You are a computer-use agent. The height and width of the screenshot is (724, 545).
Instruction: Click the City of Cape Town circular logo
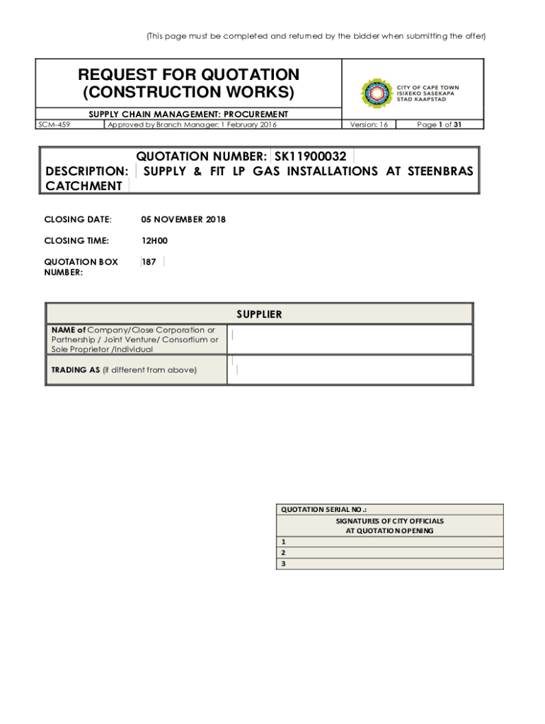coord(377,94)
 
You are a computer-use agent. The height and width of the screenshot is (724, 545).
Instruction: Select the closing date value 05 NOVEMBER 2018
coord(183,219)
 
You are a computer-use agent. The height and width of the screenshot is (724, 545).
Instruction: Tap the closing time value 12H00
coord(154,241)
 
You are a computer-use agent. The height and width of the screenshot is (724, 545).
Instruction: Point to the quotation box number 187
coord(149,262)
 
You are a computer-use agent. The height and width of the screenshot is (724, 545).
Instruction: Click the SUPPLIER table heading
coord(259,314)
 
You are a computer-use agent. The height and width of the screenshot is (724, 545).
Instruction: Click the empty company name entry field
coord(350,339)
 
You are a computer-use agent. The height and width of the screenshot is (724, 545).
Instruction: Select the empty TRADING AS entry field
coord(350,370)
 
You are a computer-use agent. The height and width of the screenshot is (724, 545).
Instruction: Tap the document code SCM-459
coord(59,124)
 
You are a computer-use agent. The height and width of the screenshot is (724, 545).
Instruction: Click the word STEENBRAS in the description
coord(438,171)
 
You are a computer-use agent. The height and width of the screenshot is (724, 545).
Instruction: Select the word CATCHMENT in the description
coord(84,186)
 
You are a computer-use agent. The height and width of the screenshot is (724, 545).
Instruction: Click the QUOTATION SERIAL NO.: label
coord(324,509)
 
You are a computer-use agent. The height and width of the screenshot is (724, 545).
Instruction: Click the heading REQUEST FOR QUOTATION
coord(188,75)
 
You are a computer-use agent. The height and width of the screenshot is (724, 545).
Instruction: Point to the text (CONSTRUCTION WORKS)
coord(188,92)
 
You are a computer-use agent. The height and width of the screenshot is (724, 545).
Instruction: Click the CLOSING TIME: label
coord(76,241)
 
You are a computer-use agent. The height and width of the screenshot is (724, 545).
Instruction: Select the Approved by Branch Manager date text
coord(191,124)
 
